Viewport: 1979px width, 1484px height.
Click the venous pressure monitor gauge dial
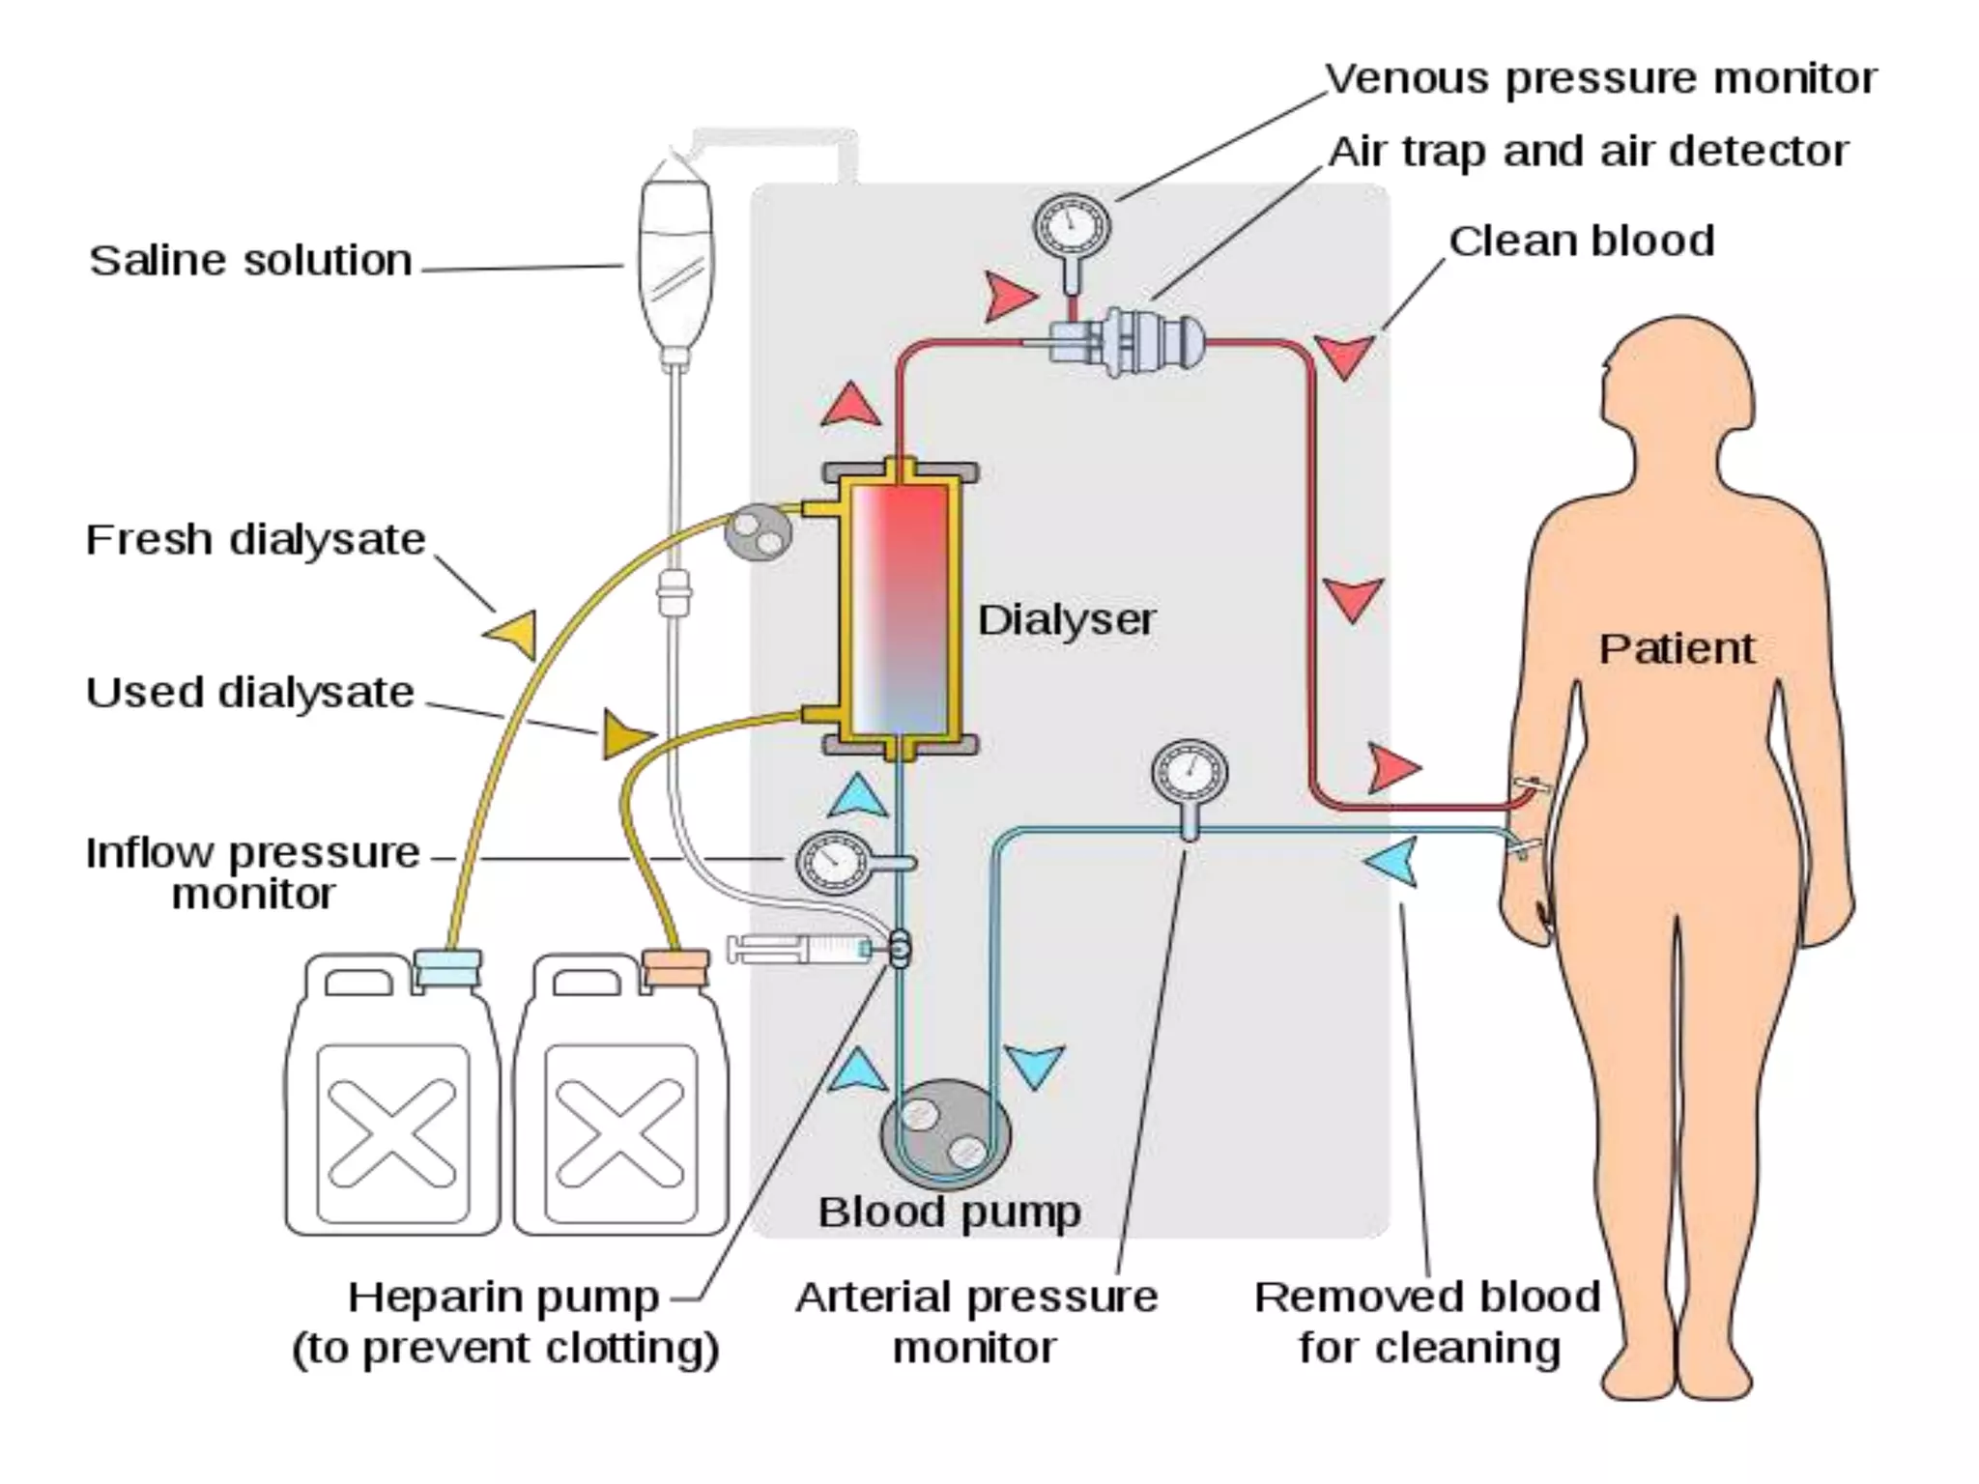pyautogui.click(x=1072, y=227)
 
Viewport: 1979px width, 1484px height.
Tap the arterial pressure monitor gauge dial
pyautogui.click(x=1190, y=774)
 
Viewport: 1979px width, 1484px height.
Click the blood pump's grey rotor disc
pyautogui.click(x=945, y=1131)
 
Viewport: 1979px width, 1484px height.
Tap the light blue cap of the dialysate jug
pyautogui.click(x=446, y=967)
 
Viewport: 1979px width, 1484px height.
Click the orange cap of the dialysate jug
pyautogui.click(x=675, y=968)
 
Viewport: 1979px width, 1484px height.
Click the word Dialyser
pyautogui.click(x=1066, y=620)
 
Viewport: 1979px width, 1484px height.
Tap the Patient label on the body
pyautogui.click(x=1676, y=648)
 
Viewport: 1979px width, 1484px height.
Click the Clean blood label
pyautogui.click(x=1581, y=242)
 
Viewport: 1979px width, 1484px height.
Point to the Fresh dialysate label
pyautogui.click(x=255, y=539)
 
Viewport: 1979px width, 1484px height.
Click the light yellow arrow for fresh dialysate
pyautogui.click(x=513, y=634)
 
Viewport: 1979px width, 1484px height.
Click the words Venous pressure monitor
pyautogui.click(x=1599, y=78)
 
